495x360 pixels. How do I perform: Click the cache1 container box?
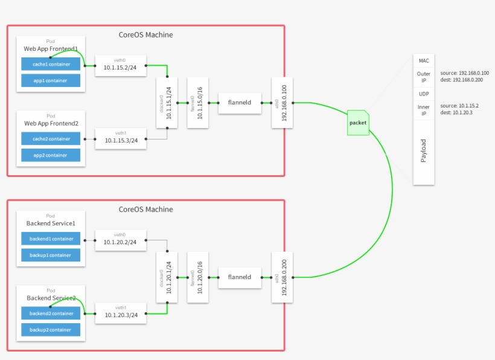[51, 64]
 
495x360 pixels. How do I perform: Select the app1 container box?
[51, 80]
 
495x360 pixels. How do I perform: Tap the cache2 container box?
[51, 139]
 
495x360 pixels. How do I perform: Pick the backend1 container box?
[51, 239]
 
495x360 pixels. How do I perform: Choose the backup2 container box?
[51, 330]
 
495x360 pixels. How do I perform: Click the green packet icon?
[357, 123]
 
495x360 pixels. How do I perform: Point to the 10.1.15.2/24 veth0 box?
[121, 66]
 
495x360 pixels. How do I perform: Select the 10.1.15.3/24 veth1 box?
[121, 139]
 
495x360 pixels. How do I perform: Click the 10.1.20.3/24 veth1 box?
[121, 313]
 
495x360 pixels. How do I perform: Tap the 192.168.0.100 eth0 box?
[283, 103]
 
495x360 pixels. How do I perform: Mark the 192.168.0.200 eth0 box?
[283, 277]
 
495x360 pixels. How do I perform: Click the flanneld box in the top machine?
[239, 103]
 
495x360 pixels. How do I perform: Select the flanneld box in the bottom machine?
[239, 277]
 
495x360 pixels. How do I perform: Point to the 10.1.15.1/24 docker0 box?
[167, 103]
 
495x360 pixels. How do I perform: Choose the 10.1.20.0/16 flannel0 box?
[197, 277]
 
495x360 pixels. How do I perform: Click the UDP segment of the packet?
[423, 94]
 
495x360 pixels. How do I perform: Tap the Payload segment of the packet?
[423, 151]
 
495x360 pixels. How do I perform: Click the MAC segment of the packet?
[423, 61]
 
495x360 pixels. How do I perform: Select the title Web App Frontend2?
[51, 123]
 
